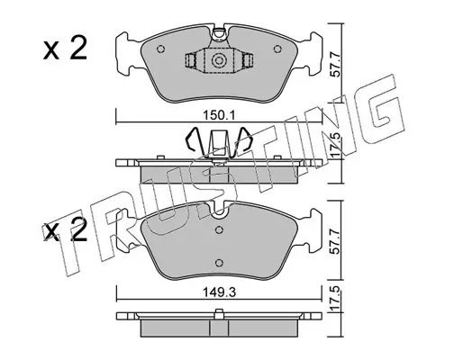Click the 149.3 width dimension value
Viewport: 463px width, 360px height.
tap(219, 292)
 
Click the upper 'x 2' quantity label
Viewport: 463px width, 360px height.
tap(65, 49)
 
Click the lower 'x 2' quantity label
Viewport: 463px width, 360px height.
tap(65, 231)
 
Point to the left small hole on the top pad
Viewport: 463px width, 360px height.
tap(160, 49)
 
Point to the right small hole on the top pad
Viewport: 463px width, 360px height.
tap(277, 49)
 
